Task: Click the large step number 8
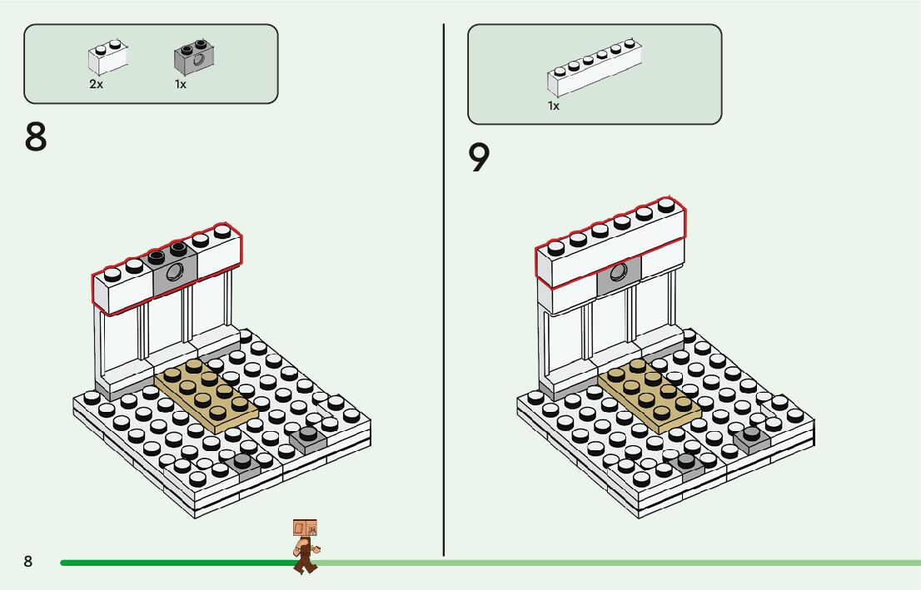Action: (36, 137)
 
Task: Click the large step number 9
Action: (480, 158)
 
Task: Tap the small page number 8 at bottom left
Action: (27, 562)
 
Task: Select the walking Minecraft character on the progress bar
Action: (306, 545)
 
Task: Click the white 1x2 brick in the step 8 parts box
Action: (108, 58)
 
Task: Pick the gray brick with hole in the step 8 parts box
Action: (193, 57)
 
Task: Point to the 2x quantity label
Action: (96, 84)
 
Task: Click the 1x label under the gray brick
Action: (181, 84)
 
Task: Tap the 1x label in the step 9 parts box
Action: (554, 106)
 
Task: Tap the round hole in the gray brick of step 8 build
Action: (174, 271)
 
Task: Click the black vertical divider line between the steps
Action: (443, 291)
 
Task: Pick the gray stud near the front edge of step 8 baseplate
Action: (243, 462)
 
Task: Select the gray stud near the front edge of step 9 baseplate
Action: (687, 462)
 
